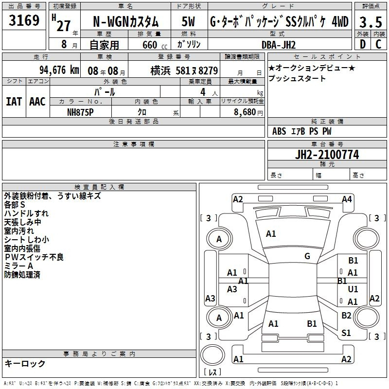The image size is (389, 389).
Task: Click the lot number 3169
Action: pyautogui.click(x=24, y=20)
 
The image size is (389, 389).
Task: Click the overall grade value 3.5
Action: pyautogui.click(x=371, y=22)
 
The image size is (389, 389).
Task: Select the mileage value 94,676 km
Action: pyautogui.click(x=59, y=70)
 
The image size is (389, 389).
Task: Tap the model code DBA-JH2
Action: pyautogui.click(x=279, y=45)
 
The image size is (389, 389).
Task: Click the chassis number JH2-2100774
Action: pyautogui.click(x=327, y=155)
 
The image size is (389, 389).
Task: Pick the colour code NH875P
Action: pyautogui.click(x=80, y=112)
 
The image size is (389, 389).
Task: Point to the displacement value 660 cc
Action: pyautogui.click(x=155, y=45)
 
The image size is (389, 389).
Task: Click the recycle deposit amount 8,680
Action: pyautogui.click(x=245, y=112)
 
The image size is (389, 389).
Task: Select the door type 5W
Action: pyautogui.click(x=188, y=21)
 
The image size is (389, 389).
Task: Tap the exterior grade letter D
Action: pyautogui.click(x=363, y=44)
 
